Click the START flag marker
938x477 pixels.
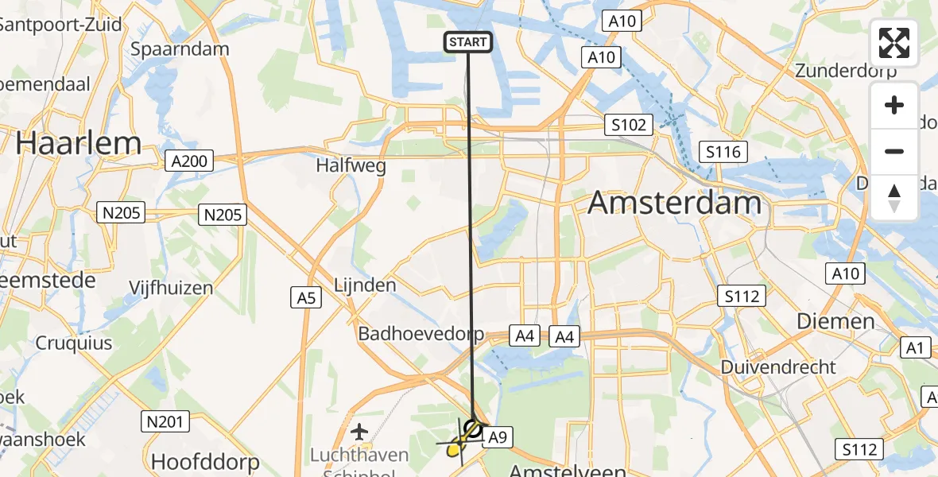pyautogui.click(x=468, y=42)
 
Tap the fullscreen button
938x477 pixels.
pyautogui.click(x=894, y=43)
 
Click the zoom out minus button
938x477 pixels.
pyautogui.click(x=894, y=152)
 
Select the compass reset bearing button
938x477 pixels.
pyautogui.click(x=894, y=198)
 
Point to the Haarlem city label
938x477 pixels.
pyautogui.click(x=78, y=143)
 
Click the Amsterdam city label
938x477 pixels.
pyautogui.click(x=675, y=204)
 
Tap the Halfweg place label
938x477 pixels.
pyautogui.click(x=351, y=166)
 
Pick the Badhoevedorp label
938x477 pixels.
pyautogui.click(x=421, y=333)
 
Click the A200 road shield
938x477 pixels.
pyautogui.click(x=189, y=161)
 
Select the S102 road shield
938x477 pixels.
pyautogui.click(x=628, y=124)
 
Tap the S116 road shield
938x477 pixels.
pyautogui.click(x=719, y=152)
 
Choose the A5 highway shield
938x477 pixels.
pyautogui.click(x=306, y=298)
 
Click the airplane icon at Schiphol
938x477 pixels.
pyautogui.click(x=360, y=432)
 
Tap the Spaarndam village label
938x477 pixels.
pyautogui.click(x=180, y=48)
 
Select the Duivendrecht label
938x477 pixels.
pyautogui.click(x=778, y=367)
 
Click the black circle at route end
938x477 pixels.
pyautogui.click(x=473, y=429)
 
